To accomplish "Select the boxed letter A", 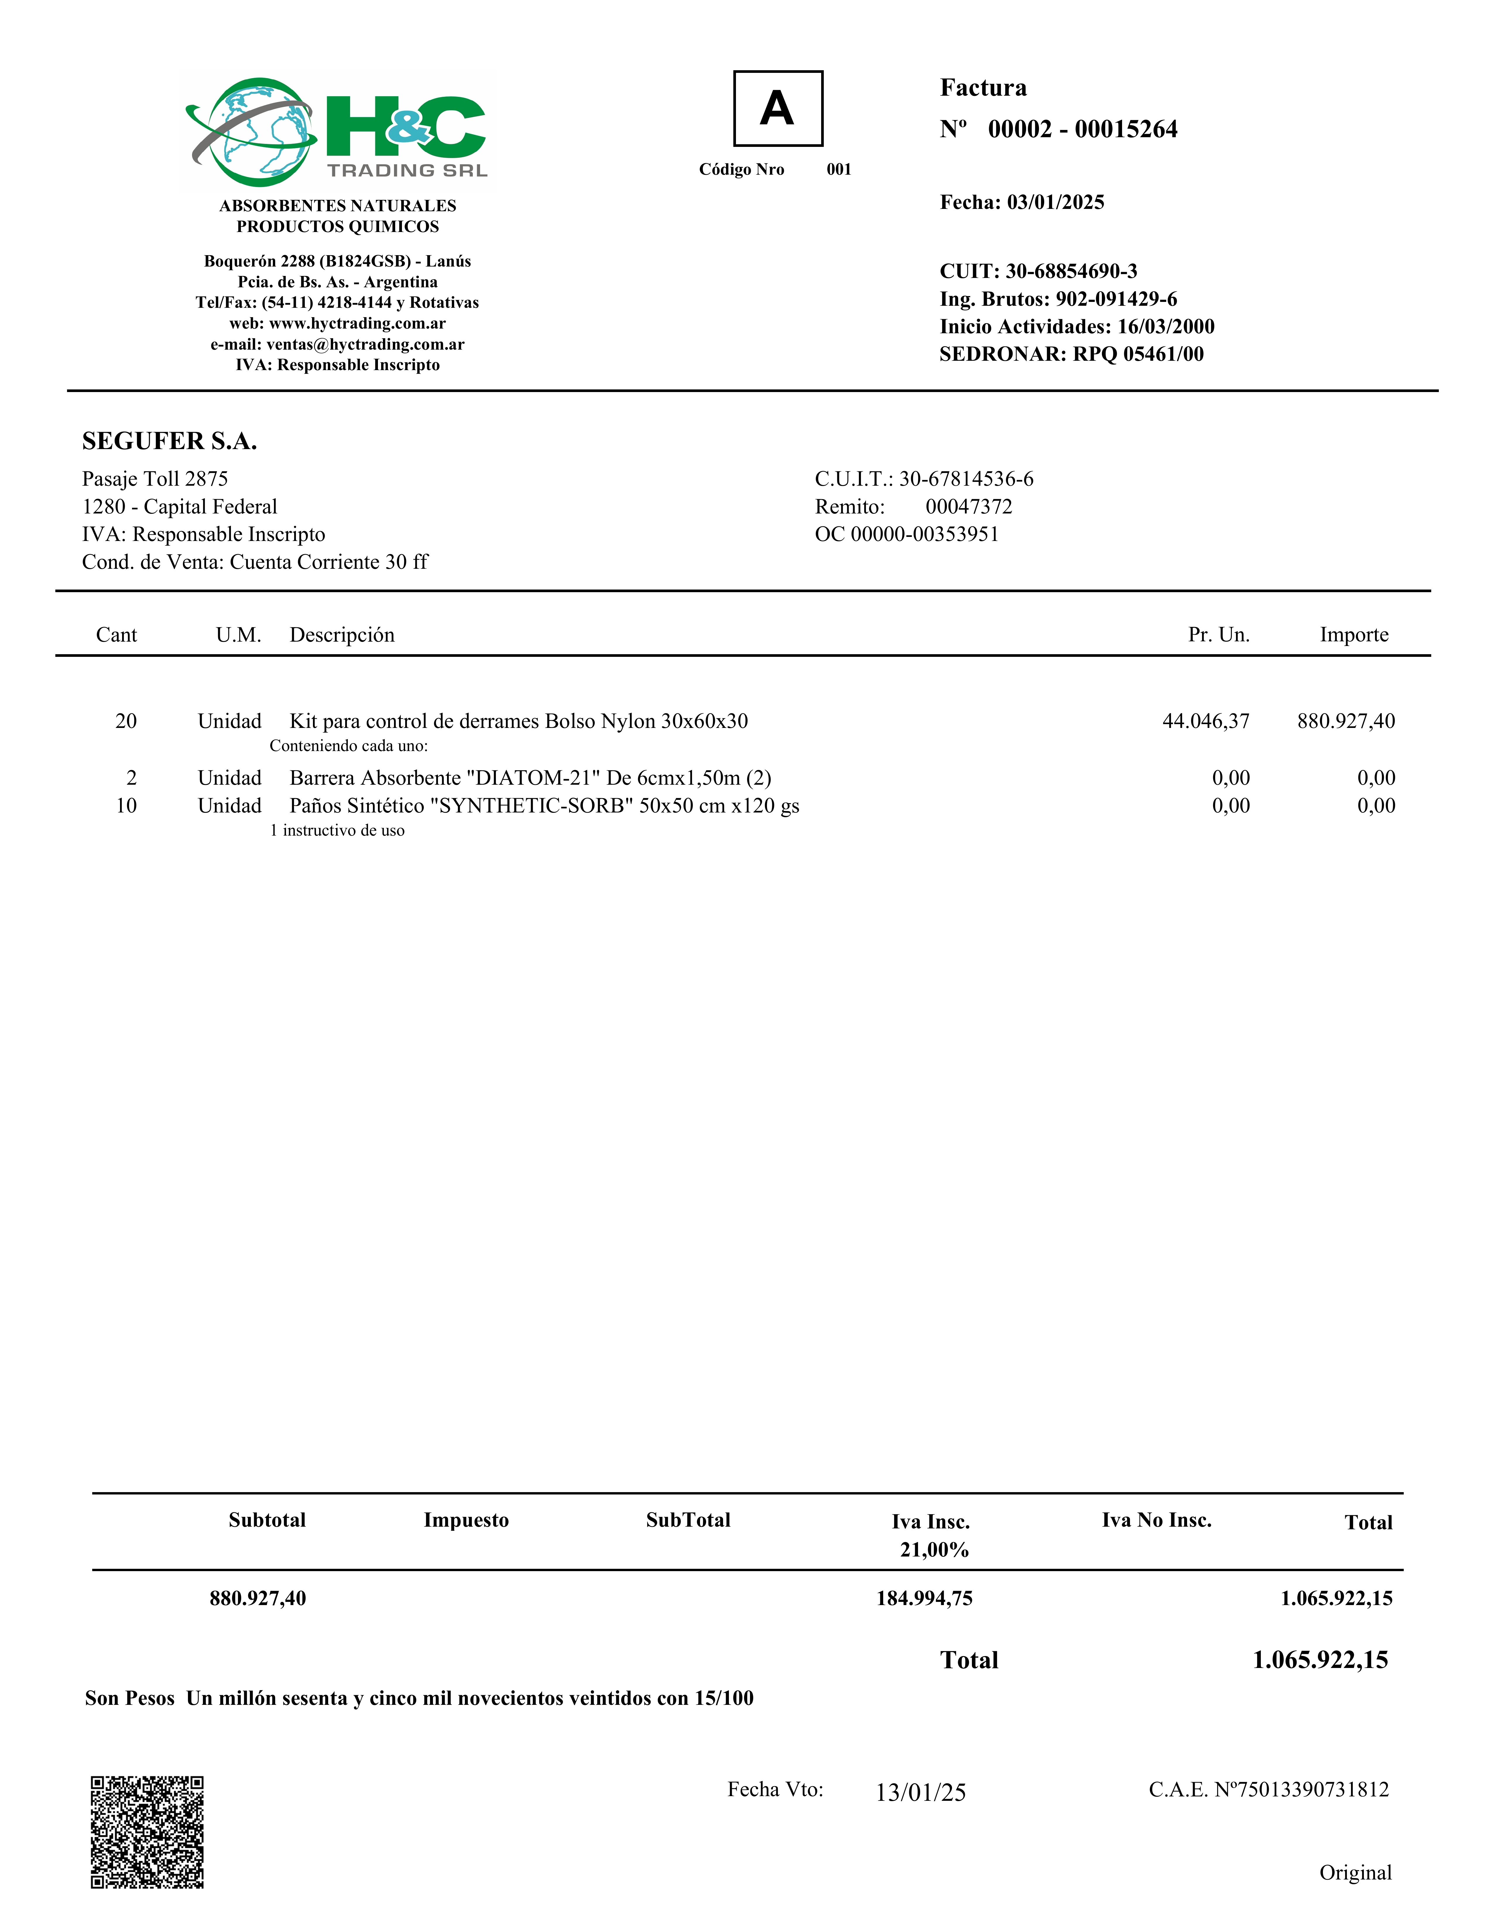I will pyautogui.click(x=778, y=109).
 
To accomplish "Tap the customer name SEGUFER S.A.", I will pyautogui.click(x=170, y=441).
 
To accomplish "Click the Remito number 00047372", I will pyautogui.click(x=968, y=507).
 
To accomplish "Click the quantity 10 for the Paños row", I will pyautogui.click(x=126, y=805).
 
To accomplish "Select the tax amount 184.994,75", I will pyautogui.click(x=924, y=1598).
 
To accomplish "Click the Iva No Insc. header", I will pyautogui.click(x=1156, y=1520).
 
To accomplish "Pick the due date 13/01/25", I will pyautogui.click(x=921, y=1792).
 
